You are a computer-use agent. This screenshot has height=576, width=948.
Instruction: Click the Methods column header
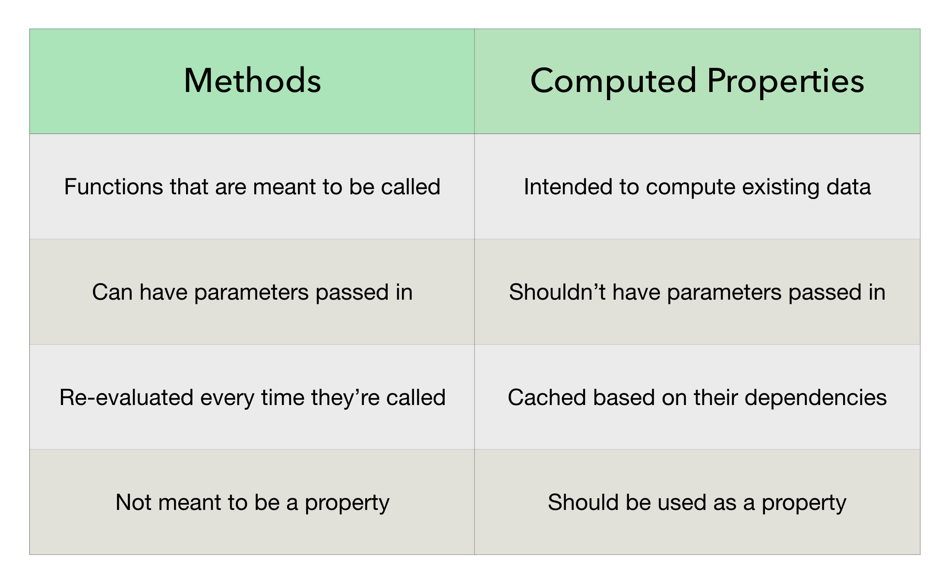pyautogui.click(x=252, y=81)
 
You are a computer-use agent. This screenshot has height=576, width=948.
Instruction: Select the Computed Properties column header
pyautogui.click(x=697, y=81)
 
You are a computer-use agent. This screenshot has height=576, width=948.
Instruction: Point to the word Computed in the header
pyautogui.click(x=613, y=81)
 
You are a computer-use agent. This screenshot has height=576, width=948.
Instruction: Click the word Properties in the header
pyautogui.click(x=786, y=81)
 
